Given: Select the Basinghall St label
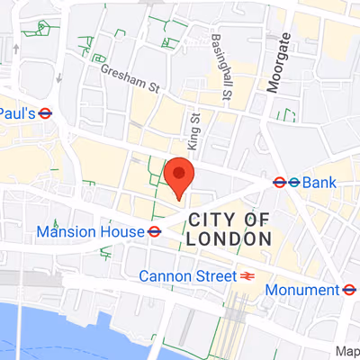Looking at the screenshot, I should [221, 67].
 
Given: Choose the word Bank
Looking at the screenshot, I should [319, 183].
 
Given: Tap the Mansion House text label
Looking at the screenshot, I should [90, 232].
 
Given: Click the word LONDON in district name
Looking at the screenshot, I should [229, 239].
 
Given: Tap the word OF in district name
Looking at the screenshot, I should [257, 220].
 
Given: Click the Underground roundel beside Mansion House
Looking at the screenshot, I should [155, 232].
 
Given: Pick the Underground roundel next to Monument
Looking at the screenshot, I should [349, 290].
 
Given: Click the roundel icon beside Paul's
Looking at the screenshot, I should [45, 114].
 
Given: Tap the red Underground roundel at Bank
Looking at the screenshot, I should [280, 183].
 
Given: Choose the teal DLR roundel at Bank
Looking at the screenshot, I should [293, 183].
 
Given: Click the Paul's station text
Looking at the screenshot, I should [17, 114].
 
